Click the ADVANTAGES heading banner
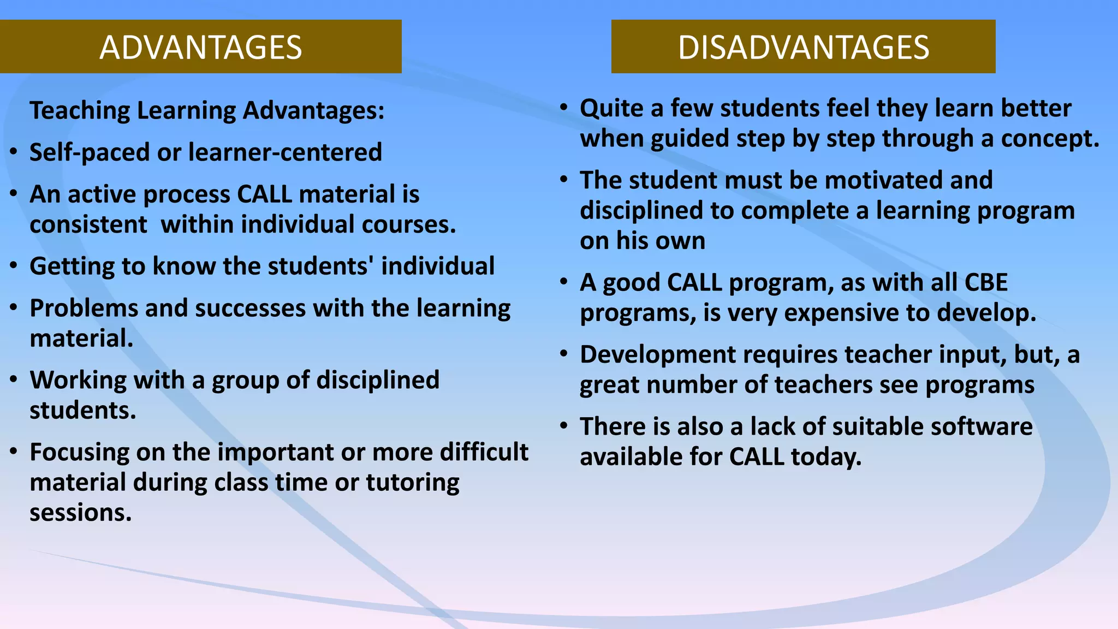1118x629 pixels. pyautogui.click(x=200, y=47)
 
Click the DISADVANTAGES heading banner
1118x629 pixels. pyautogui.click(x=803, y=47)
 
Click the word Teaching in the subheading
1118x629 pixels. pyautogui.click(x=79, y=111)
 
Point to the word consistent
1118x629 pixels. pyautogui.click(x=88, y=225)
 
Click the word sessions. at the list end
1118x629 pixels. pyautogui.click(x=80, y=513)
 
